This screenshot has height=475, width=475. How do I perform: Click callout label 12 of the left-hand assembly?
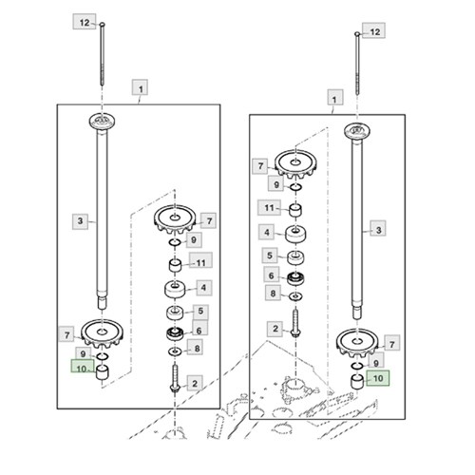click(x=85, y=22)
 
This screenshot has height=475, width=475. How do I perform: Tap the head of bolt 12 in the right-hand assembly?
click(x=357, y=33)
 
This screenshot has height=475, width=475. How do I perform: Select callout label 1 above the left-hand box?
click(x=140, y=88)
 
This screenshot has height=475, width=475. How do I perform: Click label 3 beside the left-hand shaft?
click(x=81, y=221)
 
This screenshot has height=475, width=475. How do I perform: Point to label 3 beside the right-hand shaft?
click(x=378, y=229)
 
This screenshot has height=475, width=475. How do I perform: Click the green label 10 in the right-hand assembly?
click(x=378, y=378)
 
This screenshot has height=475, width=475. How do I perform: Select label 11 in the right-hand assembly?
click(x=269, y=208)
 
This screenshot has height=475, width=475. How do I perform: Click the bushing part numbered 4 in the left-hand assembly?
click(x=175, y=289)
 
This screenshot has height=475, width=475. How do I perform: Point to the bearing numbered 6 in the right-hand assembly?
click(x=295, y=278)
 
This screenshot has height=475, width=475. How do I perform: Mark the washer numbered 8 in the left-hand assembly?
click(x=175, y=351)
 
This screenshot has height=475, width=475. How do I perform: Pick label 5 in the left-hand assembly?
click(x=200, y=311)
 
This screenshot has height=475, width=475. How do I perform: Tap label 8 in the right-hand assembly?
click(x=273, y=294)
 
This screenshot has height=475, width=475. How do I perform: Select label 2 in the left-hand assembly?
click(x=195, y=383)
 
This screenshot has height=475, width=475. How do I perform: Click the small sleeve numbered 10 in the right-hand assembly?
click(x=357, y=381)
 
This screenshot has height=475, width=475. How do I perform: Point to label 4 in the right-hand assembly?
click(x=267, y=232)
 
